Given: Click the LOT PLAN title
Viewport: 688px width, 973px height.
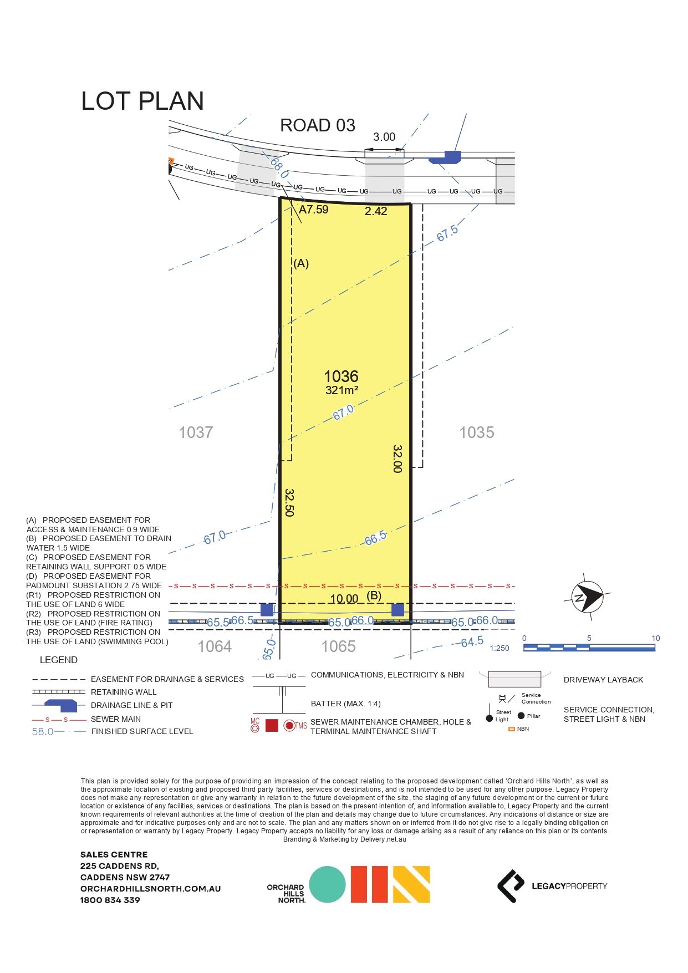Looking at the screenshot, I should click(142, 101).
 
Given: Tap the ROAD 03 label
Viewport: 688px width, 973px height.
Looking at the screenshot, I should click(317, 125).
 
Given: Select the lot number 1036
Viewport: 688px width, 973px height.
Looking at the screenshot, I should click(341, 376).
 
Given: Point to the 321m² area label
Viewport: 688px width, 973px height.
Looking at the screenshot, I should click(342, 390).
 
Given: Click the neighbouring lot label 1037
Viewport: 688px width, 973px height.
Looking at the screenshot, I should click(196, 432).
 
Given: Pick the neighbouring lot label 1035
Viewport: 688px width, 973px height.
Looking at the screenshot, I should click(476, 432).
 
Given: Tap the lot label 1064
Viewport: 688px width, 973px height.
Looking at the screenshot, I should click(215, 646).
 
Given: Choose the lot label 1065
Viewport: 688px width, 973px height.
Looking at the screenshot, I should click(338, 646).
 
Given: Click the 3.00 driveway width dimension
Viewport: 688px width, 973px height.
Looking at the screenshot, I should click(384, 137).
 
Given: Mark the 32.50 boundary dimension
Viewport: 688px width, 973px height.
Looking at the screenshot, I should click(289, 502).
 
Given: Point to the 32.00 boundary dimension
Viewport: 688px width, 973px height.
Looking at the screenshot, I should click(397, 459).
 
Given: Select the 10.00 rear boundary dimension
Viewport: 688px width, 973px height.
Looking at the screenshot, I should click(344, 599).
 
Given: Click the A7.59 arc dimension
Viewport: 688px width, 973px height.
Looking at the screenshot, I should click(314, 210).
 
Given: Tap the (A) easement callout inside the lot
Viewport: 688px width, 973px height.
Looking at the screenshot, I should click(300, 263).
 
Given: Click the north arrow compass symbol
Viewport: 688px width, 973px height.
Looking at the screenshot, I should click(588, 597).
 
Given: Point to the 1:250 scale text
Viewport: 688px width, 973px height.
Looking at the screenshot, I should click(499, 648).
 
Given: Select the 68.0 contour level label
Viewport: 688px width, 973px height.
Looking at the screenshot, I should click(279, 167).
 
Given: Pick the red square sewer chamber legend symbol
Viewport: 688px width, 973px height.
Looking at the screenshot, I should click(272, 725).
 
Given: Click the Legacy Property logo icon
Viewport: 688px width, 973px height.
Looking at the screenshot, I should click(510, 886).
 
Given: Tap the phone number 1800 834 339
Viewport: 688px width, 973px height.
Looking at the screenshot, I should click(110, 900).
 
